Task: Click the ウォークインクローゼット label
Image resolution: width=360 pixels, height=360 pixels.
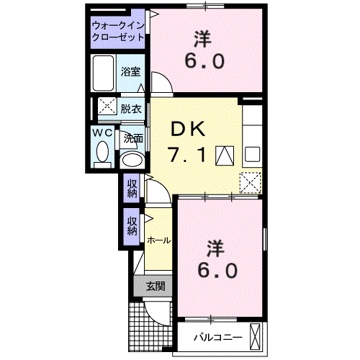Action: click(x=118, y=32)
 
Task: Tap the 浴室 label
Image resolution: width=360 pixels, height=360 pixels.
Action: click(x=130, y=71)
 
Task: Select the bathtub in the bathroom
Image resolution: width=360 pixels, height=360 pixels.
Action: click(x=103, y=73)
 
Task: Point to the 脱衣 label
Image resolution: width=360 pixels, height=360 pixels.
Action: click(x=131, y=109)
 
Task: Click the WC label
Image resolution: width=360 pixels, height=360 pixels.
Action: click(x=102, y=132)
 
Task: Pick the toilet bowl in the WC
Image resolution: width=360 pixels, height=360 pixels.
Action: click(x=102, y=152)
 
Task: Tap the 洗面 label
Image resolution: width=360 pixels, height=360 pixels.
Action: click(x=133, y=138)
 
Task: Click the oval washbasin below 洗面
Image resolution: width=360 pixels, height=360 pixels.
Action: click(x=132, y=159)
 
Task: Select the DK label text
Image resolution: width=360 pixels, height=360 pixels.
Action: click(x=188, y=129)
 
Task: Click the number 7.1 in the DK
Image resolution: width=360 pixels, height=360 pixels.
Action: click(x=187, y=155)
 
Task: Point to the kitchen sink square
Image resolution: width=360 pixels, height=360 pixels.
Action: click(x=252, y=154)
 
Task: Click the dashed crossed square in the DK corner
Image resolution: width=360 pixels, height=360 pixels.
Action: click(x=251, y=183)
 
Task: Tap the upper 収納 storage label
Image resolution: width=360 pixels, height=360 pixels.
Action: click(x=132, y=189)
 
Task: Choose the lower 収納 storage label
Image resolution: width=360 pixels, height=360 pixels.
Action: click(x=132, y=226)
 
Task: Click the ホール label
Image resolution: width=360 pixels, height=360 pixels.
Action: click(x=158, y=240)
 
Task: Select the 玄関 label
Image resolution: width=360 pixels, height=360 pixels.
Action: click(x=156, y=286)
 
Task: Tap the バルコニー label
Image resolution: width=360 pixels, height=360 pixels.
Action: click(x=218, y=338)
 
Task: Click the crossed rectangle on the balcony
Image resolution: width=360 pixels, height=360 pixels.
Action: click(x=255, y=337)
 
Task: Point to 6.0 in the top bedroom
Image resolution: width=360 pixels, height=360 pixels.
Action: click(x=204, y=61)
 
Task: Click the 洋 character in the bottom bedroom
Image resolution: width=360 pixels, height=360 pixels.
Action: click(x=216, y=248)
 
